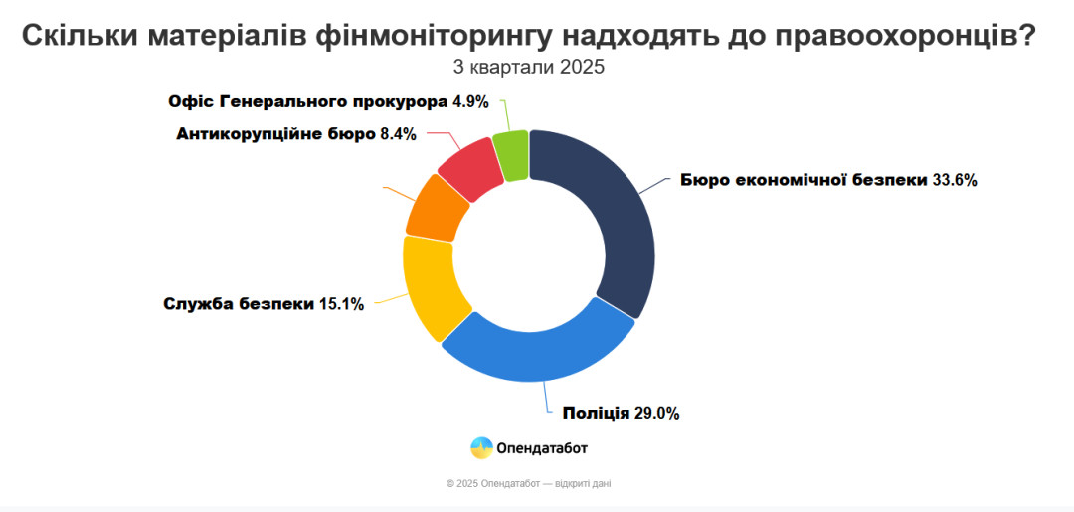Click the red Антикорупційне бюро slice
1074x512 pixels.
(468, 167)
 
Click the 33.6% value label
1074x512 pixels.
(956, 180)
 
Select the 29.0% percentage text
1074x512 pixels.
(657, 413)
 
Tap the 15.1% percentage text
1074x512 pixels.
(341, 304)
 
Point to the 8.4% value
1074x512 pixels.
(398, 133)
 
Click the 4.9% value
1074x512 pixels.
(470, 101)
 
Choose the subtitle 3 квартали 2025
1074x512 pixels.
(528, 68)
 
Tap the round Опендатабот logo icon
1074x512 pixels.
(481, 448)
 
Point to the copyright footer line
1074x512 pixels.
(535, 484)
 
